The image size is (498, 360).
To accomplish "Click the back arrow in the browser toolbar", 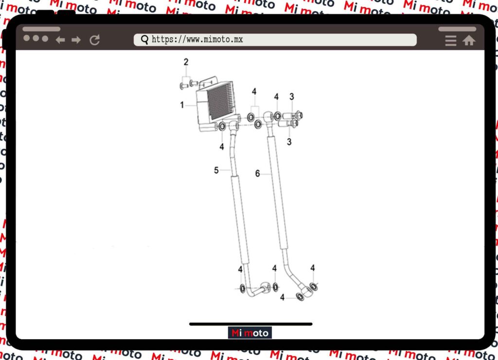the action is (60, 40).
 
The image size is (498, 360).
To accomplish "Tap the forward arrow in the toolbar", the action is (76, 40).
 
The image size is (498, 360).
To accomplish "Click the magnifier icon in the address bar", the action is (144, 40).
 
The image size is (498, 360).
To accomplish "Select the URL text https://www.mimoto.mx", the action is (197, 39).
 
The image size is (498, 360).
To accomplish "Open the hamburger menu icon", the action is (451, 41).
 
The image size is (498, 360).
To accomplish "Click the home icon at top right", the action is (469, 40).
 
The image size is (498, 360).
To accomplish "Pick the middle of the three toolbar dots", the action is (36, 38).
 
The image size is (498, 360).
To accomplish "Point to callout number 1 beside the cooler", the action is (182, 105).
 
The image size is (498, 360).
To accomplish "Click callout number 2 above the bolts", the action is (186, 62).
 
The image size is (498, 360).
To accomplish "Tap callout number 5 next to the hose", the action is (216, 170).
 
